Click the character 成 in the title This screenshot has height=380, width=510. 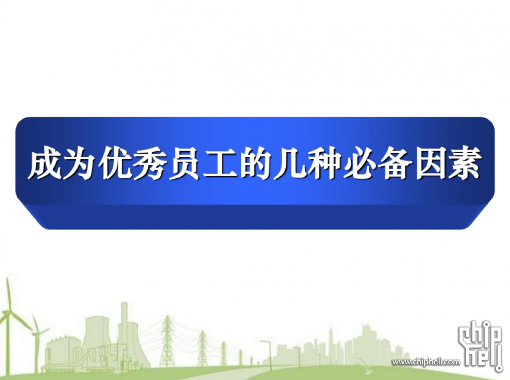45,163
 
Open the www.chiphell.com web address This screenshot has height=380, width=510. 426,362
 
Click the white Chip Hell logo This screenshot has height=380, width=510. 481,346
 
